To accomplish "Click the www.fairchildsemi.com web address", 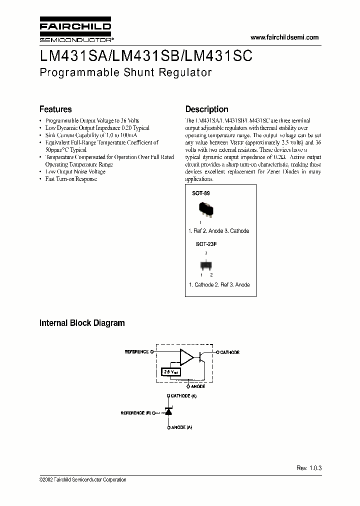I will (284, 37).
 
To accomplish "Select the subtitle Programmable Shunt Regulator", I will (125, 72).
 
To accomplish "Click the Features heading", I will (55, 109).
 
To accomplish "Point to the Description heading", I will (206, 109).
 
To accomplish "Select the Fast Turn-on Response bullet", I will (71, 179).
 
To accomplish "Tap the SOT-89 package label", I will (200, 192).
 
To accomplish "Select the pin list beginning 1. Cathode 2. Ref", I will (219, 284).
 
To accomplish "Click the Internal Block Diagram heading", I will (82, 323).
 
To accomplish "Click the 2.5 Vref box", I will (171, 372).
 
